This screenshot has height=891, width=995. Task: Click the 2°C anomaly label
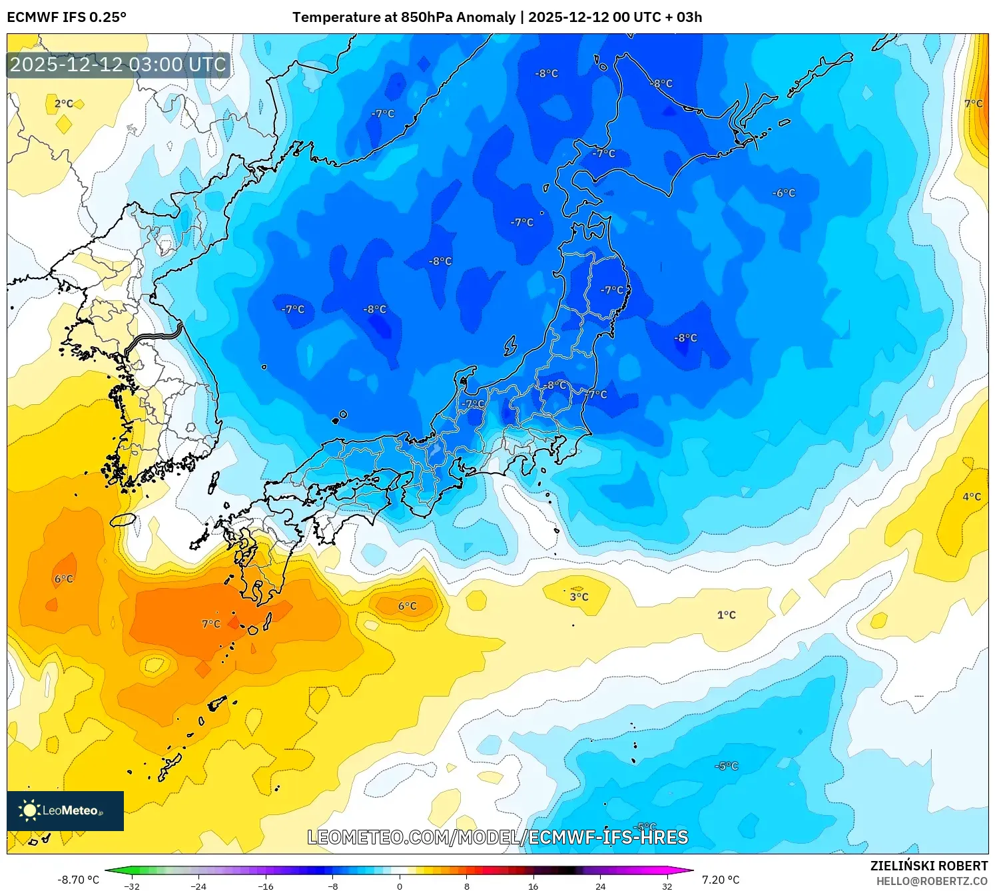64,104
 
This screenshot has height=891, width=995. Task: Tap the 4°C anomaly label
972,497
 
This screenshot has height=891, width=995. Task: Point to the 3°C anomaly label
579,597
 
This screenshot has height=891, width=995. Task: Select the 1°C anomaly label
727,615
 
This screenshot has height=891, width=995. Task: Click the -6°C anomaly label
784,193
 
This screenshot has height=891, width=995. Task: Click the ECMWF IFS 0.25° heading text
67,17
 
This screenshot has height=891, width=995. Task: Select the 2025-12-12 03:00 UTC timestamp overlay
119,65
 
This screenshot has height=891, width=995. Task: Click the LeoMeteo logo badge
65,810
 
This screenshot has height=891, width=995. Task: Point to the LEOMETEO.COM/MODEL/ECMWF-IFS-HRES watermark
497,837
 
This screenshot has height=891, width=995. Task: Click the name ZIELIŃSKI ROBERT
929,866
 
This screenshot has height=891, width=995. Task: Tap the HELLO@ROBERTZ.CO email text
932,881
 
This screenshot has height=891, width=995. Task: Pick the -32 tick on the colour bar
132,886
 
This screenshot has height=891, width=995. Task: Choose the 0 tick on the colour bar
400,886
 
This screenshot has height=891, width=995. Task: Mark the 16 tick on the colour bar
533,886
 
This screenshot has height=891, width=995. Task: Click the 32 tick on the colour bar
667,886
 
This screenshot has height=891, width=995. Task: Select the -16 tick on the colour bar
266,886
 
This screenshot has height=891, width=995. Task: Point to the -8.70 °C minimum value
79,880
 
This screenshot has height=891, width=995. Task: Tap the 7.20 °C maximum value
721,880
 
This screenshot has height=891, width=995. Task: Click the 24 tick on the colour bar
600,886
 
